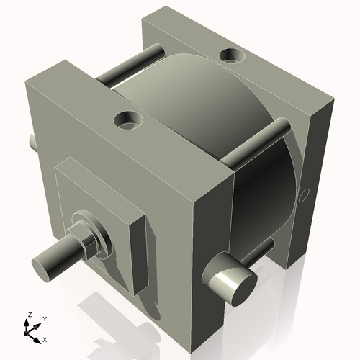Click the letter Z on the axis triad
[29, 315]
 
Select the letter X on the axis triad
[45, 338]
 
